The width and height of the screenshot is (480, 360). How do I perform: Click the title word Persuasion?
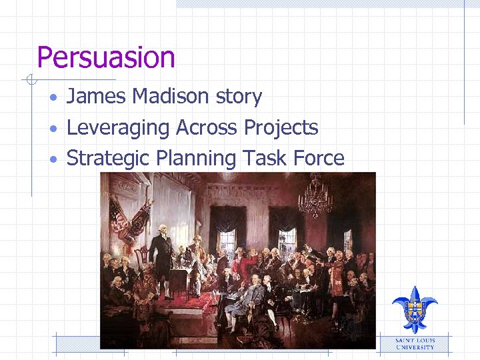coord(106,58)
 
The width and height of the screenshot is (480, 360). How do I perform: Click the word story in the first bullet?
coord(239,97)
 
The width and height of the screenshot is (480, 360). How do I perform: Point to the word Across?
coord(207,127)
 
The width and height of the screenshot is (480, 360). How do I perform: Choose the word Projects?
coord(281,128)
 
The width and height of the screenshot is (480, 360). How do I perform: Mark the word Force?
coord(321,159)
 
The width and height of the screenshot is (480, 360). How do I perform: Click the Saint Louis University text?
coord(415,343)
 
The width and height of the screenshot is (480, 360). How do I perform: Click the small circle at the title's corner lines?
coord(30,81)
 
